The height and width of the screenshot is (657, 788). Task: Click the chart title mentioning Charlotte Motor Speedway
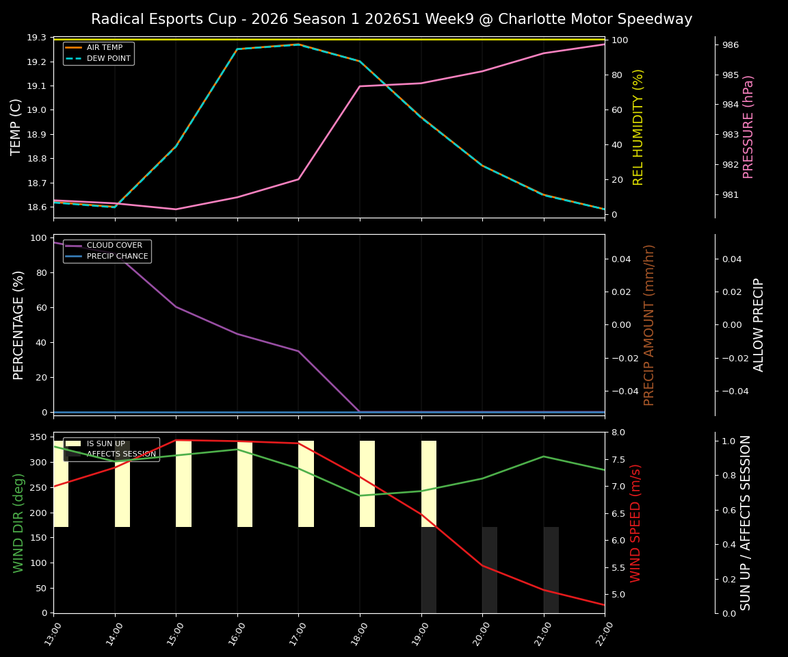pos(391,19)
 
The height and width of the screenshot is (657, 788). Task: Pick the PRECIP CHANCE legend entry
pos(117,257)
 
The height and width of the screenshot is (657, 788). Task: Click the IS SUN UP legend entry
pos(105,443)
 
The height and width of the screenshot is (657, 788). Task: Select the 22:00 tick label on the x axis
pos(602,634)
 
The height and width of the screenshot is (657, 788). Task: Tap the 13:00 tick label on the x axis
pos(51,634)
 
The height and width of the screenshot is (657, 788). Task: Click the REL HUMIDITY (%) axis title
pos(638,127)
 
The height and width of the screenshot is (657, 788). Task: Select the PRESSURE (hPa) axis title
pos(748,127)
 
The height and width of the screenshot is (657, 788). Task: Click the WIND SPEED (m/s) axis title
pos(635,523)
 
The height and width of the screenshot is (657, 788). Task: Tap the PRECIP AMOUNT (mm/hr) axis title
pos(649,325)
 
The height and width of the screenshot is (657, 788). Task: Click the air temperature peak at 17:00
pos(298,44)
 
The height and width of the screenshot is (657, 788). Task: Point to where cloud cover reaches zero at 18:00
pos(360,412)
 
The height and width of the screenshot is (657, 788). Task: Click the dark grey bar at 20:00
pos(490,569)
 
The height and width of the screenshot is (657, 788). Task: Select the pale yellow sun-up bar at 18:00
pos(367,483)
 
